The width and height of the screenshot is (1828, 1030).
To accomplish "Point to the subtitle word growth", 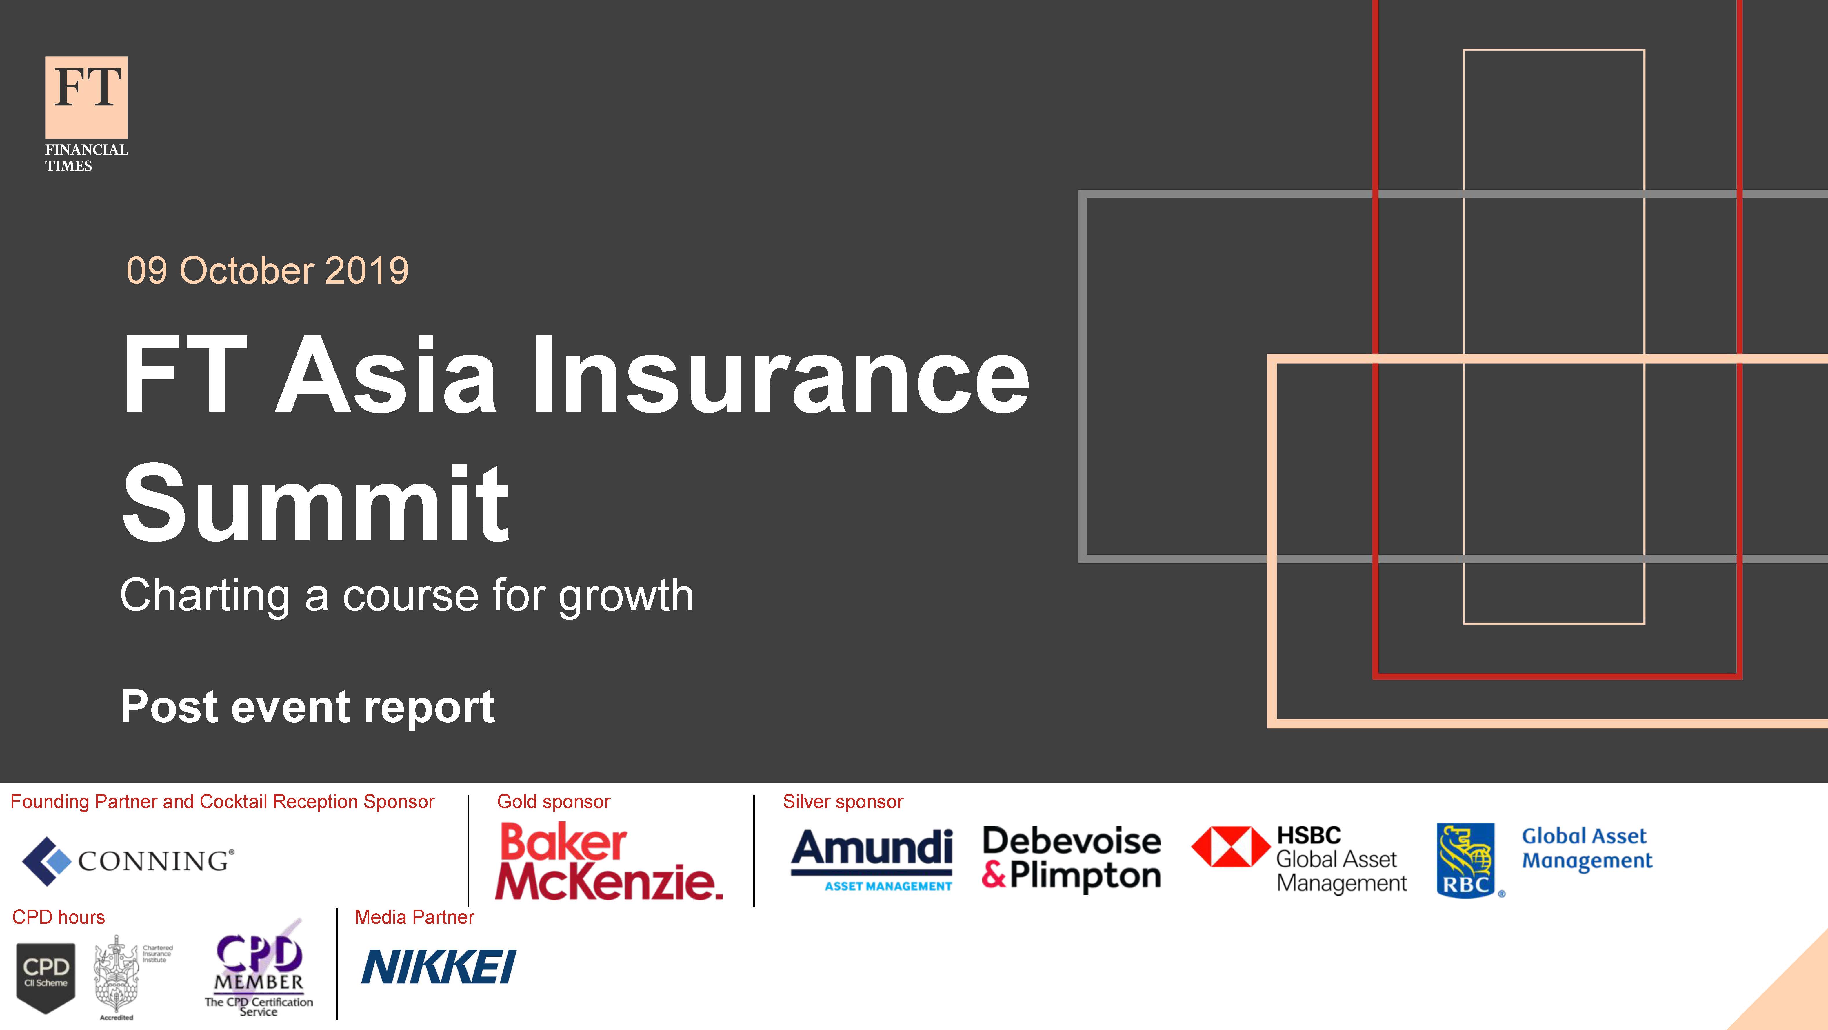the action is pos(626,596).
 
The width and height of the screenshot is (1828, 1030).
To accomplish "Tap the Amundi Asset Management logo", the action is pos(872,860).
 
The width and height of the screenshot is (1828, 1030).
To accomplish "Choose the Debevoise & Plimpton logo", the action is pos(1072,858).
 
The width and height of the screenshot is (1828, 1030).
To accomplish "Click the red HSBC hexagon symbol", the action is pos(1230,846).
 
